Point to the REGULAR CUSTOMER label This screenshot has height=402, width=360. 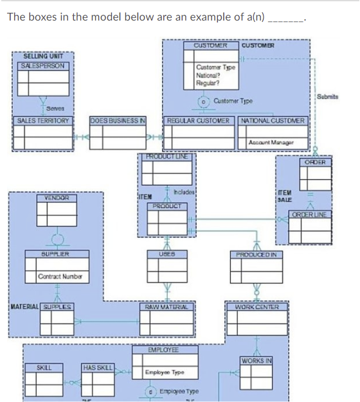198,120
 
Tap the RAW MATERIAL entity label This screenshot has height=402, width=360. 166,307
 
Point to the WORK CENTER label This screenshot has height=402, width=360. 256,307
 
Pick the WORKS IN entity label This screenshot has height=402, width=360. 256,359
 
